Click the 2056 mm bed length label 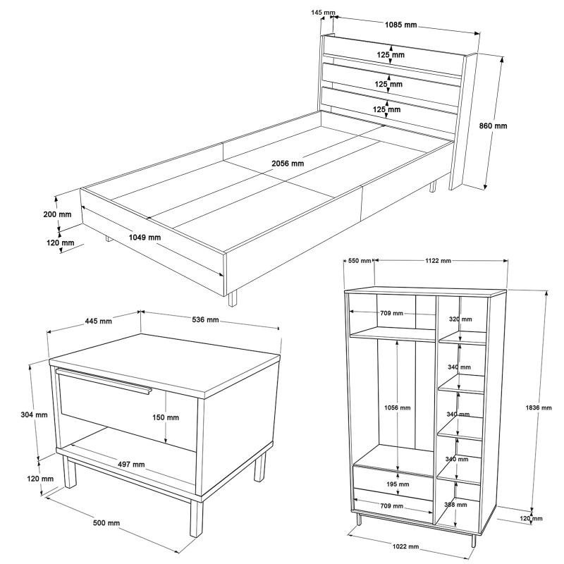pyautogui.click(x=288, y=163)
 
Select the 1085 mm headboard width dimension pyautogui.click(x=400, y=25)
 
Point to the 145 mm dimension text pyautogui.click(x=323, y=13)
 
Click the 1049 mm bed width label pyautogui.click(x=144, y=237)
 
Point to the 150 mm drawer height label pyautogui.click(x=165, y=417)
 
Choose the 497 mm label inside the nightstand pyautogui.click(x=130, y=464)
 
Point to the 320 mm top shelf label pyautogui.click(x=460, y=319)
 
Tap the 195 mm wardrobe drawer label pyautogui.click(x=398, y=484)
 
